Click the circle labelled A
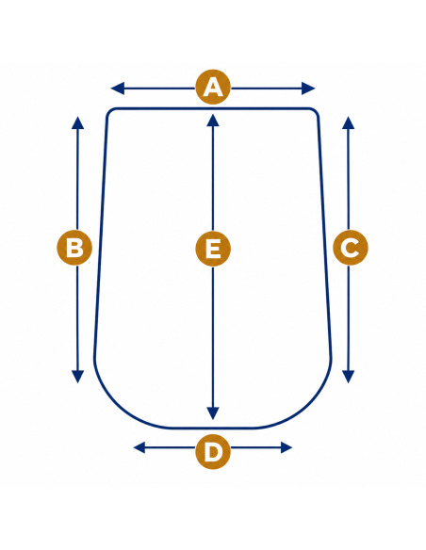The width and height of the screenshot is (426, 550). tap(213, 87)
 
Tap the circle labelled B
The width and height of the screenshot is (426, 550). tap(74, 248)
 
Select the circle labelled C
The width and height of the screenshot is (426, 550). tap(351, 248)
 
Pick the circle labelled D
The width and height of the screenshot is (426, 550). tap(213, 451)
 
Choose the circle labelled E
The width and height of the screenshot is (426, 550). tap(213, 249)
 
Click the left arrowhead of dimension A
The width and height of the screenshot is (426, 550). tap(118, 89)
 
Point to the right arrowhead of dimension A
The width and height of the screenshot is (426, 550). tap(308, 89)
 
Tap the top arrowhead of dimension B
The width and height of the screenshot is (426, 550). tap(77, 122)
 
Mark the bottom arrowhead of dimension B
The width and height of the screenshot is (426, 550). tap(77, 377)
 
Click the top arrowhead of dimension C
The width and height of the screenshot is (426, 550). tap(348, 122)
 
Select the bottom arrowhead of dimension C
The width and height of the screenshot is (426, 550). tap(348, 377)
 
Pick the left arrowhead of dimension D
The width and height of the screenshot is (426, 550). tap(139, 447)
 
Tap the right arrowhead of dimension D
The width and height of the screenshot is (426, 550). tap(287, 447)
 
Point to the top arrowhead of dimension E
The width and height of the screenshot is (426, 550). tap(213, 120)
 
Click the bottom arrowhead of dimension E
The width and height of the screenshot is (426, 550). tap(213, 413)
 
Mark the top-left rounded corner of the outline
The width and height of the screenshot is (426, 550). tap(109, 111)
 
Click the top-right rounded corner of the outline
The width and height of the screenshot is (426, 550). tap(316, 111)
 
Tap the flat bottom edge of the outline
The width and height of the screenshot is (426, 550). tap(213, 428)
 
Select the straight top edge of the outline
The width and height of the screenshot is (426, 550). tap(213, 108)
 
